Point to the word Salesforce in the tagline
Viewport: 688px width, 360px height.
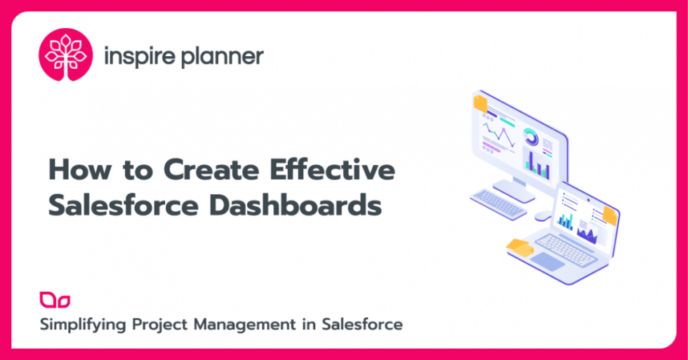point(362,324)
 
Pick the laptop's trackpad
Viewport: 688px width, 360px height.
point(546,261)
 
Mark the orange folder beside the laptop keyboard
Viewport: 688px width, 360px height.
point(520,248)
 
